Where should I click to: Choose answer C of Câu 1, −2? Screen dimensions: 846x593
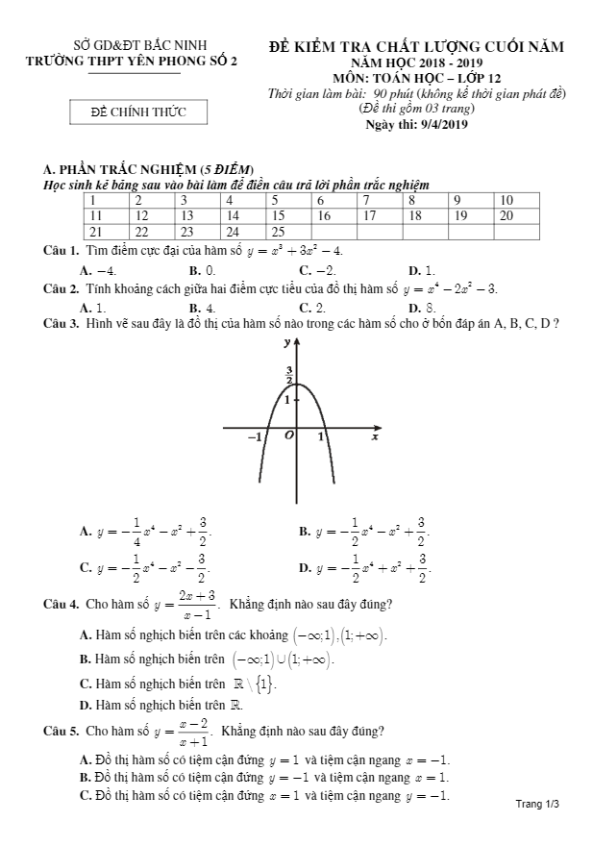pyautogui.click(x=317, y=270)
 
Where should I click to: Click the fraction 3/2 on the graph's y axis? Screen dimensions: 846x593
pyautogui.click(x=289, y=375)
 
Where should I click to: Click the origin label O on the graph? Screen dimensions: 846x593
pyautogui.click(x=288, y=436)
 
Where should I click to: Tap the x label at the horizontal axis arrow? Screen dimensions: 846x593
pyautogui.click(x=375, y=437)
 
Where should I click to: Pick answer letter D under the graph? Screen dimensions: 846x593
pyautogui.click(x=304, y=567)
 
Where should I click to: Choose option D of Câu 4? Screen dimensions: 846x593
pyautogui.click(x=85, y=704)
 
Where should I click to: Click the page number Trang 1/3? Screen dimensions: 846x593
pyautogui.click(x=537, y=803)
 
